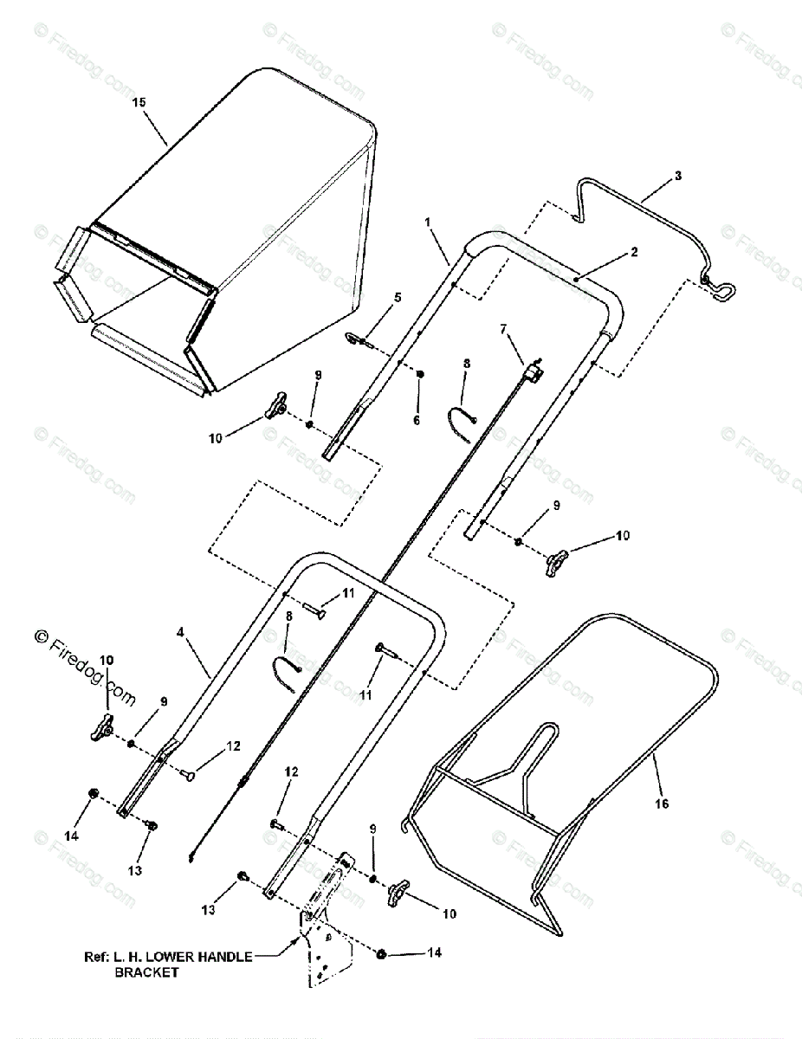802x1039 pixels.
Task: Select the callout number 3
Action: pyautogui.click(x=677, y=176)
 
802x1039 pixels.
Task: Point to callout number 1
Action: pyautogui.click(x=428, y=223)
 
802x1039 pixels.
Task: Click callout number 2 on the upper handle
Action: pyautogui.click(x=633, y=252)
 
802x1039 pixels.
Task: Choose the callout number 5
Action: pyautogui.click(x=398, y=298)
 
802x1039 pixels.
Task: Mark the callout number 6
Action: pyautogui.click(x=416, y=420)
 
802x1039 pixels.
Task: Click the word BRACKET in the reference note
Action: pyautogui.click(x=147, y=972)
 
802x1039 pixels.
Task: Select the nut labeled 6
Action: pyautogui.click(x=420, y=374)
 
